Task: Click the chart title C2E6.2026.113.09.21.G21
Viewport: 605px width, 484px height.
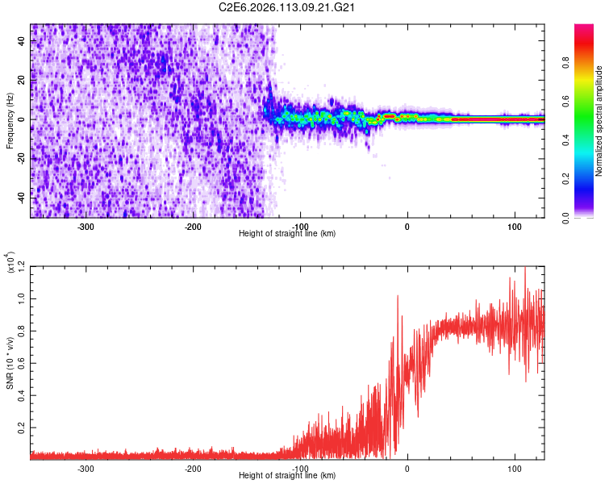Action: [287, 8]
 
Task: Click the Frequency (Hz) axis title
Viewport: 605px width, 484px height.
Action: [10, 121]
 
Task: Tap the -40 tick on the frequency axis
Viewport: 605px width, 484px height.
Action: [21, 197]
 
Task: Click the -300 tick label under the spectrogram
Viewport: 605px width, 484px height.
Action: [86, 226]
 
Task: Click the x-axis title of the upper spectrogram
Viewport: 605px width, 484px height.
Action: [287, 234]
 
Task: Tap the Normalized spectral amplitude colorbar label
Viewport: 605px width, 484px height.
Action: [599, 121]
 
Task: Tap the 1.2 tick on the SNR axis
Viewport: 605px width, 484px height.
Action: [22, 266]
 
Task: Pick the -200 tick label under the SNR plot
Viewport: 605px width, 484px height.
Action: [193, 469]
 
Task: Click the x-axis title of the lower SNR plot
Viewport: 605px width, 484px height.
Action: [287, 477]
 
